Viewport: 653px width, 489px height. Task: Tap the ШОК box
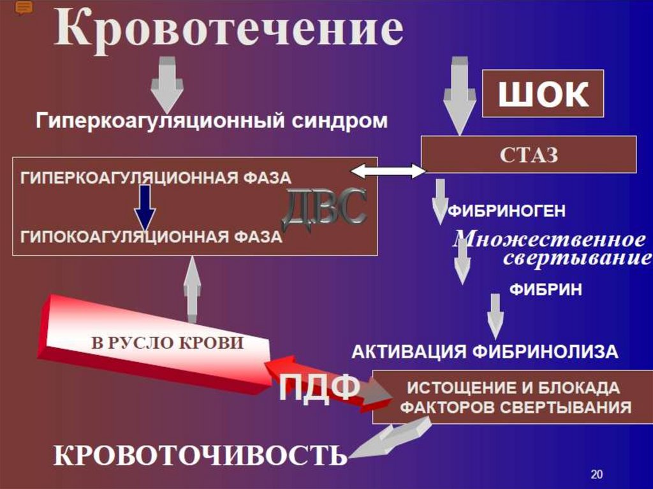pyautogui.click(x=542, y=95)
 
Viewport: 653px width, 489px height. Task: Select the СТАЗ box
pyautogui.click(x=529, y=155)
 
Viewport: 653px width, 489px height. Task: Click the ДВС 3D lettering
pyautogui.click(x=325, y=207)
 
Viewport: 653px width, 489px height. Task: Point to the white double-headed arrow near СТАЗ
pyautogui.click(x=388, y=171)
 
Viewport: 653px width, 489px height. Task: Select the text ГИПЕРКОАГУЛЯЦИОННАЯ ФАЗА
pyautogui.click(x=156, y=177)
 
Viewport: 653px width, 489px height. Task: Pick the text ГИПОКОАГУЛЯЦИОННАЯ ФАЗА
pyautogui.click(x=151, y=237)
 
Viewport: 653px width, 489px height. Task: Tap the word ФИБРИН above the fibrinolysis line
pyautogui.click(x=545, y=289)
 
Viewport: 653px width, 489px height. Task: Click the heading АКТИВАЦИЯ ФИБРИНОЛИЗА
pyautogui.click(x=485, y=351)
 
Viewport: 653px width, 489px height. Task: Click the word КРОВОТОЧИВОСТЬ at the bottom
pyautogui.click(x=200, y=455)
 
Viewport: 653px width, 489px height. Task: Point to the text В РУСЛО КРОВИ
pyautogui.click(x=168, y=343)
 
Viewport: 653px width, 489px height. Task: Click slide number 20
pyautogui.click(x=597, y=474)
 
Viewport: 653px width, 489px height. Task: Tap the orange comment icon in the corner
pyautogui.click(x=24, y=8)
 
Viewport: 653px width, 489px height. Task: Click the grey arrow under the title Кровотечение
pyautogui.click(x=167, y=82)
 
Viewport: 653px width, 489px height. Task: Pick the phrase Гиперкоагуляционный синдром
pyautogui.click(x=211, y=120)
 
